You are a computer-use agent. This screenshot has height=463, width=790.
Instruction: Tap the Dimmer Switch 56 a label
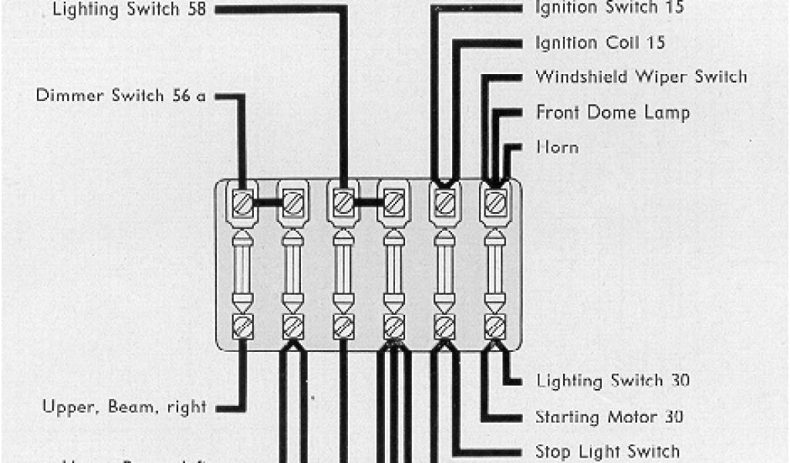pos(122,96)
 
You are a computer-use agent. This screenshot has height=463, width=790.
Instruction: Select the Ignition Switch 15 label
pos(609,8)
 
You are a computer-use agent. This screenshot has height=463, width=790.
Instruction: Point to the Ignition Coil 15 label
pos(599,42)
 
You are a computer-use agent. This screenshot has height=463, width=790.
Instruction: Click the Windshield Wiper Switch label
pos(641,77)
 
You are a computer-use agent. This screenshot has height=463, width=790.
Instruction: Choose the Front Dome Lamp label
pos(613,113)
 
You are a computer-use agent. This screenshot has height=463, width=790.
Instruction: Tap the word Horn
pos(557,147)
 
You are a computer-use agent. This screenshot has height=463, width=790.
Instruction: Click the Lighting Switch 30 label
pos(613,380)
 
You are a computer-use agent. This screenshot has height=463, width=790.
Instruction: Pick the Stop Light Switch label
pos(607,451)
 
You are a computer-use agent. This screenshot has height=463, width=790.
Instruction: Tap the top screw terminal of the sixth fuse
pos(495,203)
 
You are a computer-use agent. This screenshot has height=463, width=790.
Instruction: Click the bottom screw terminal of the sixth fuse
pos(495,326)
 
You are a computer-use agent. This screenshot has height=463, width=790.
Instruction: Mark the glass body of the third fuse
pos(343,267)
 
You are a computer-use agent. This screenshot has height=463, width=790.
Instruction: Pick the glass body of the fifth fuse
pos(444,267)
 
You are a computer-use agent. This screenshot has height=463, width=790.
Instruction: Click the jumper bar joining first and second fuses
pos(267,203)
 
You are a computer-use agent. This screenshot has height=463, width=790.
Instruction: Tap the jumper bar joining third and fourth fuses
pos(368,203)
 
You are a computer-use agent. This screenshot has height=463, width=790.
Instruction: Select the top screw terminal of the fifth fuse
pos(444,203)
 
